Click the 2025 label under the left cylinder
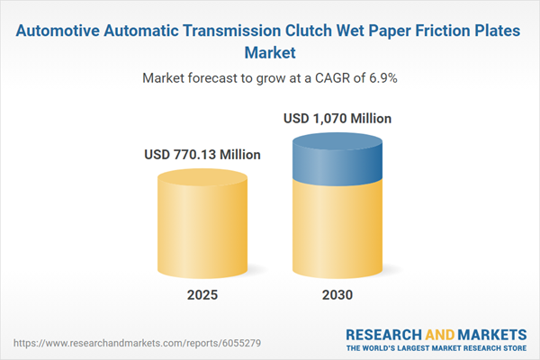pos(202,295)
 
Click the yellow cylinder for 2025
pos(202,225)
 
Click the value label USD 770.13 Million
pos(202,155)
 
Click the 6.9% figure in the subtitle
pos(380,78)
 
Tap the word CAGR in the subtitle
pos(325,78)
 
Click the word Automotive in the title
pos(64,31)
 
